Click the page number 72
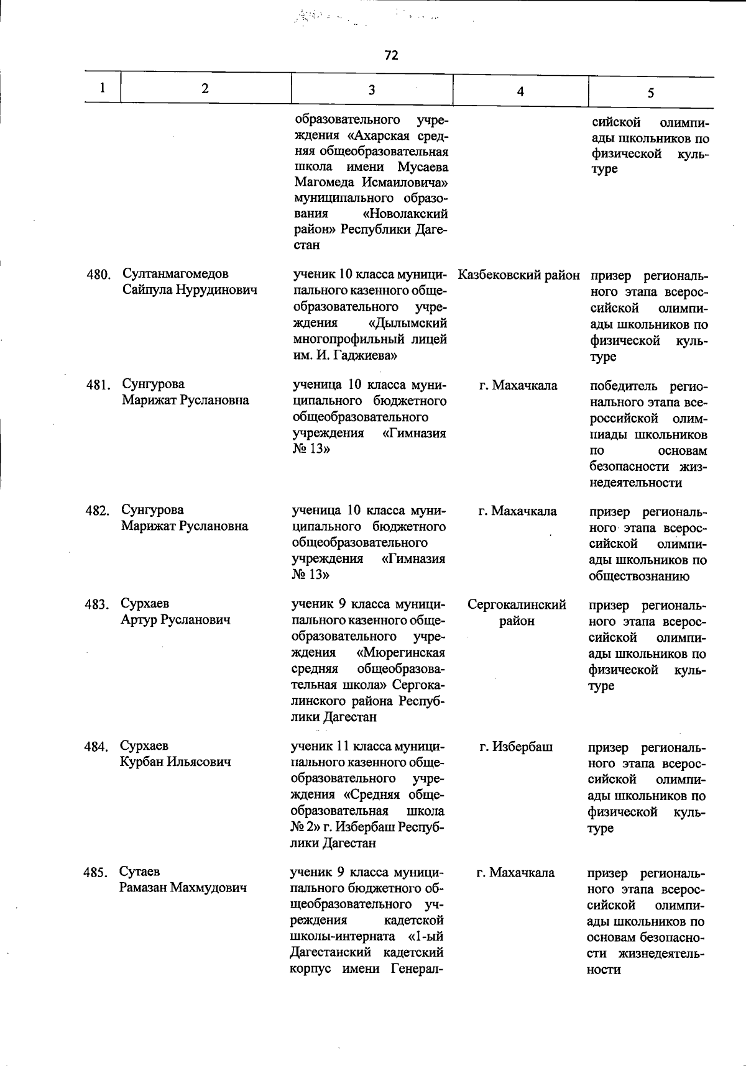tap(391, 55)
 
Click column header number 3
tap(371, 90)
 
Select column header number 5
tap(650, 93)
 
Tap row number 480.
tap(98, 275)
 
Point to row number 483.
tap(97, 604)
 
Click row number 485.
tap(96, 873)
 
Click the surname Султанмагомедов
tap(175, 273)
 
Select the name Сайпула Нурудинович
tap(190, 290)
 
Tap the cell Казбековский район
tap(518, 275)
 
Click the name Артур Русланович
tap(175, 620)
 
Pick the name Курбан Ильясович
tap(175, 762)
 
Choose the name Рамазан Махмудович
tap(183, 888)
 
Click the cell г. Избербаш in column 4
tap(516, 747)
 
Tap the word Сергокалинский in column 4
tap(517, 604)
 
